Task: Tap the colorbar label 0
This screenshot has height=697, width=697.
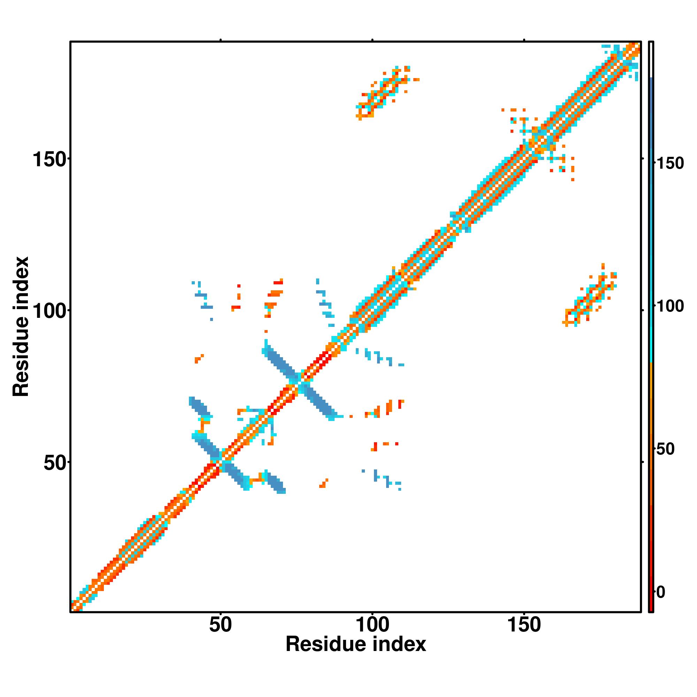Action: coord(661,592)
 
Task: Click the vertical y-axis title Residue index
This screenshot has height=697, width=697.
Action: coord(21,327)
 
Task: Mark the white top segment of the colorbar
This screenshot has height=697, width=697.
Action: coord(651,60)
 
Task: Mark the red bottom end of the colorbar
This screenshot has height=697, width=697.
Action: coord(651,603)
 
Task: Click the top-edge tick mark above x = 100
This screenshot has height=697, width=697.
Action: coord(372,40)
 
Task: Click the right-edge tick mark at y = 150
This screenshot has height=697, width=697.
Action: coord(643,159)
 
